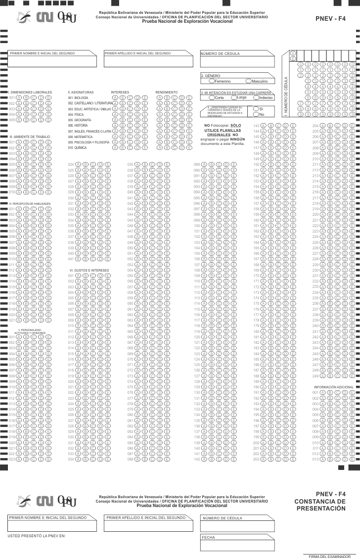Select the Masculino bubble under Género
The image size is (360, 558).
click(248, 81)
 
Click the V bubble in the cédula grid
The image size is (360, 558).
click(293, 52)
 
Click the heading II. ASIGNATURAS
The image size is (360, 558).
click(79, 92)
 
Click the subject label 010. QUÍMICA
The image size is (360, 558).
click(78, 147)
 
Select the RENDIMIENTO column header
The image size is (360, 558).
click(167, 92)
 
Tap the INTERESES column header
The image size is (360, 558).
click(120, 92)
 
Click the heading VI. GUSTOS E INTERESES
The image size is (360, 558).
click(89, 270)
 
